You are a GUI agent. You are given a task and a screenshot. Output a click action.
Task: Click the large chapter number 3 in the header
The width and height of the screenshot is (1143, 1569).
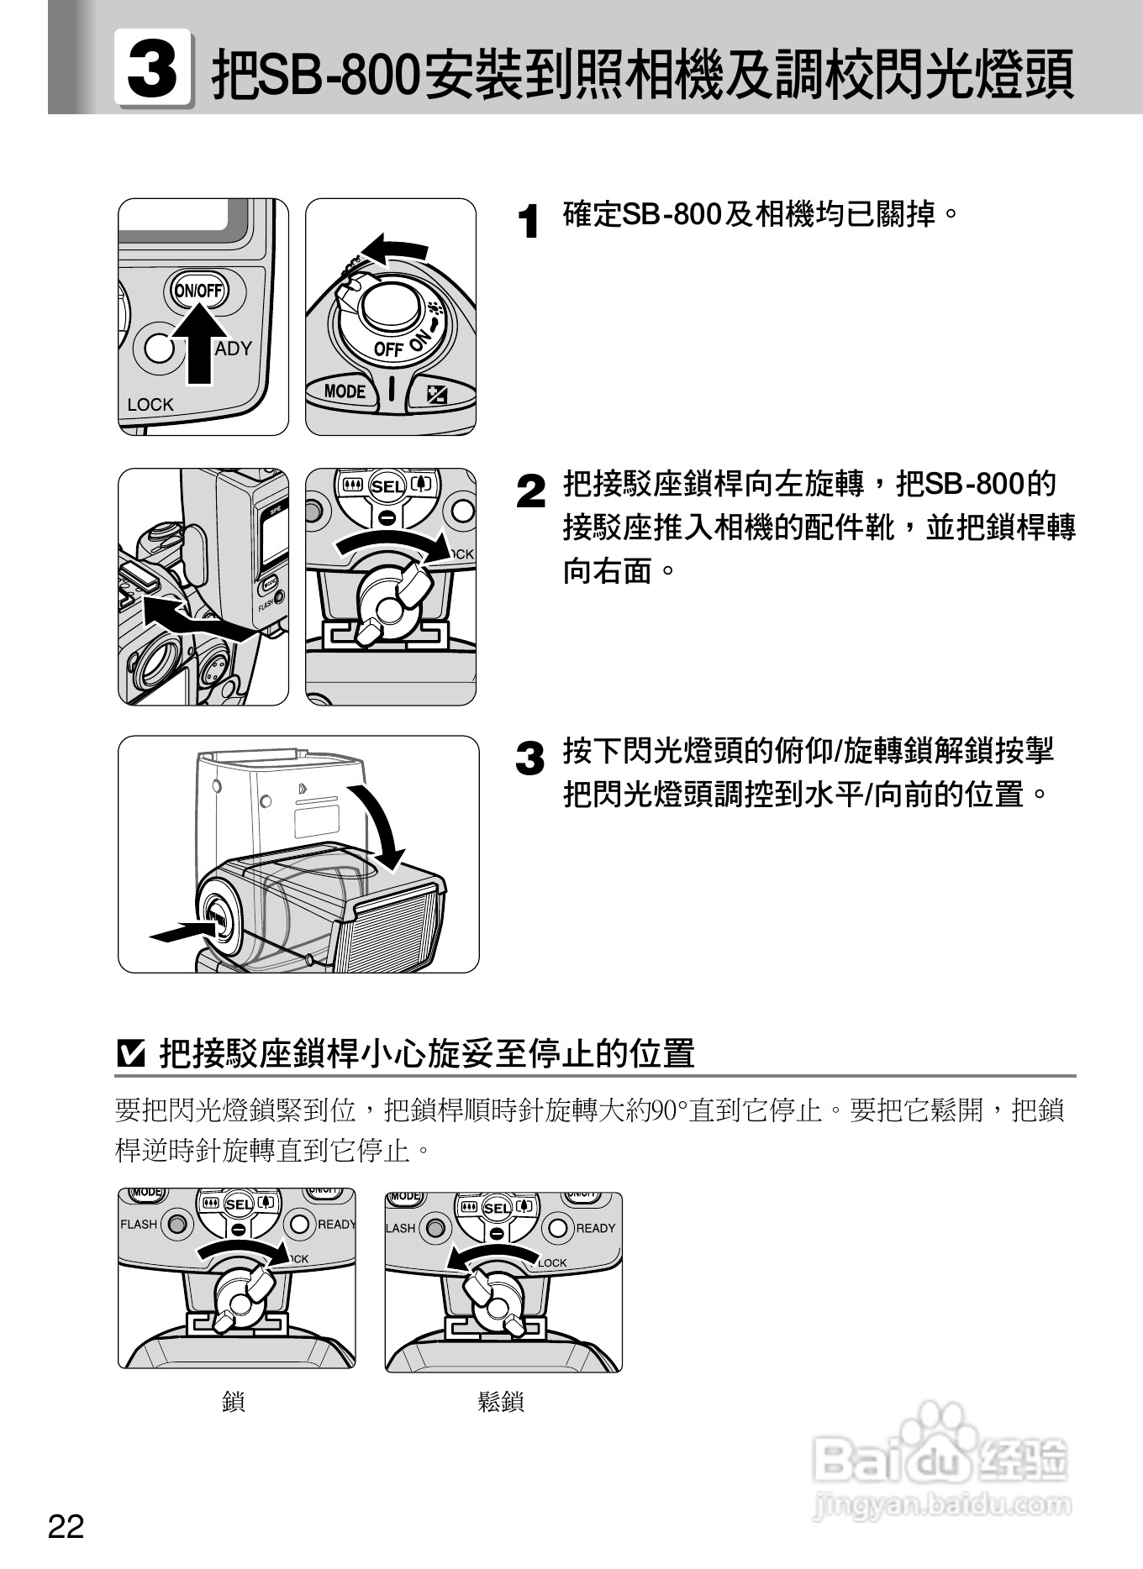[x=152, y=68]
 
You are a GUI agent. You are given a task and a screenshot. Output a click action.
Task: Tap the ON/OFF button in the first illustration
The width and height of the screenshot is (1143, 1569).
[x=198, y=291]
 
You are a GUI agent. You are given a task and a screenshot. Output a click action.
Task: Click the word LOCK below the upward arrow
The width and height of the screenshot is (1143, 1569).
[x=150, y=405]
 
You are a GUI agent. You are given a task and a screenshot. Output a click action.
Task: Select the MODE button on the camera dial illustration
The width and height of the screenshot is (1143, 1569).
[x=345, y=391]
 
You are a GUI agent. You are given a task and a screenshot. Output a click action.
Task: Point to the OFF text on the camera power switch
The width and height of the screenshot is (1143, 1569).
[x=388, y=349]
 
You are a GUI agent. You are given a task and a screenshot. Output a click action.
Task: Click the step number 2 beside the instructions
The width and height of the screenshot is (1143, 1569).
[x=530, y=491]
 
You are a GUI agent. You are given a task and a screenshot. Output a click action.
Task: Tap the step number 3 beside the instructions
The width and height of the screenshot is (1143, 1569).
[x=530, y=758]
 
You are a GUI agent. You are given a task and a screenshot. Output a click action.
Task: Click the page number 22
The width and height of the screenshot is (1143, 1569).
[x=66, y=1525]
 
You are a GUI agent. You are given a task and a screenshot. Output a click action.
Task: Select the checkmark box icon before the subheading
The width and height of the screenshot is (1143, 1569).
[x=130, y=1053]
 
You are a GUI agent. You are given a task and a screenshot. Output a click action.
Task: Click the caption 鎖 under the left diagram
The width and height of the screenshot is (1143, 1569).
[x=234, y=1401]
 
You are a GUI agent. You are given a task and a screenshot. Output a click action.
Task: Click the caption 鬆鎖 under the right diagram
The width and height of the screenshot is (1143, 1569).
[x=501, y=1401]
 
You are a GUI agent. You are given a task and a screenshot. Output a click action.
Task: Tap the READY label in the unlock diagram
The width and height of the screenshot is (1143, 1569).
[x=595, y=1228]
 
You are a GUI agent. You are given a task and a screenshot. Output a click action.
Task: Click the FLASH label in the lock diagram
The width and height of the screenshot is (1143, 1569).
[x=139, y=1224]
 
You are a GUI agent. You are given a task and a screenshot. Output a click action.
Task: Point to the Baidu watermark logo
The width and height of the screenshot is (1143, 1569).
[x=942, y=1461]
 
